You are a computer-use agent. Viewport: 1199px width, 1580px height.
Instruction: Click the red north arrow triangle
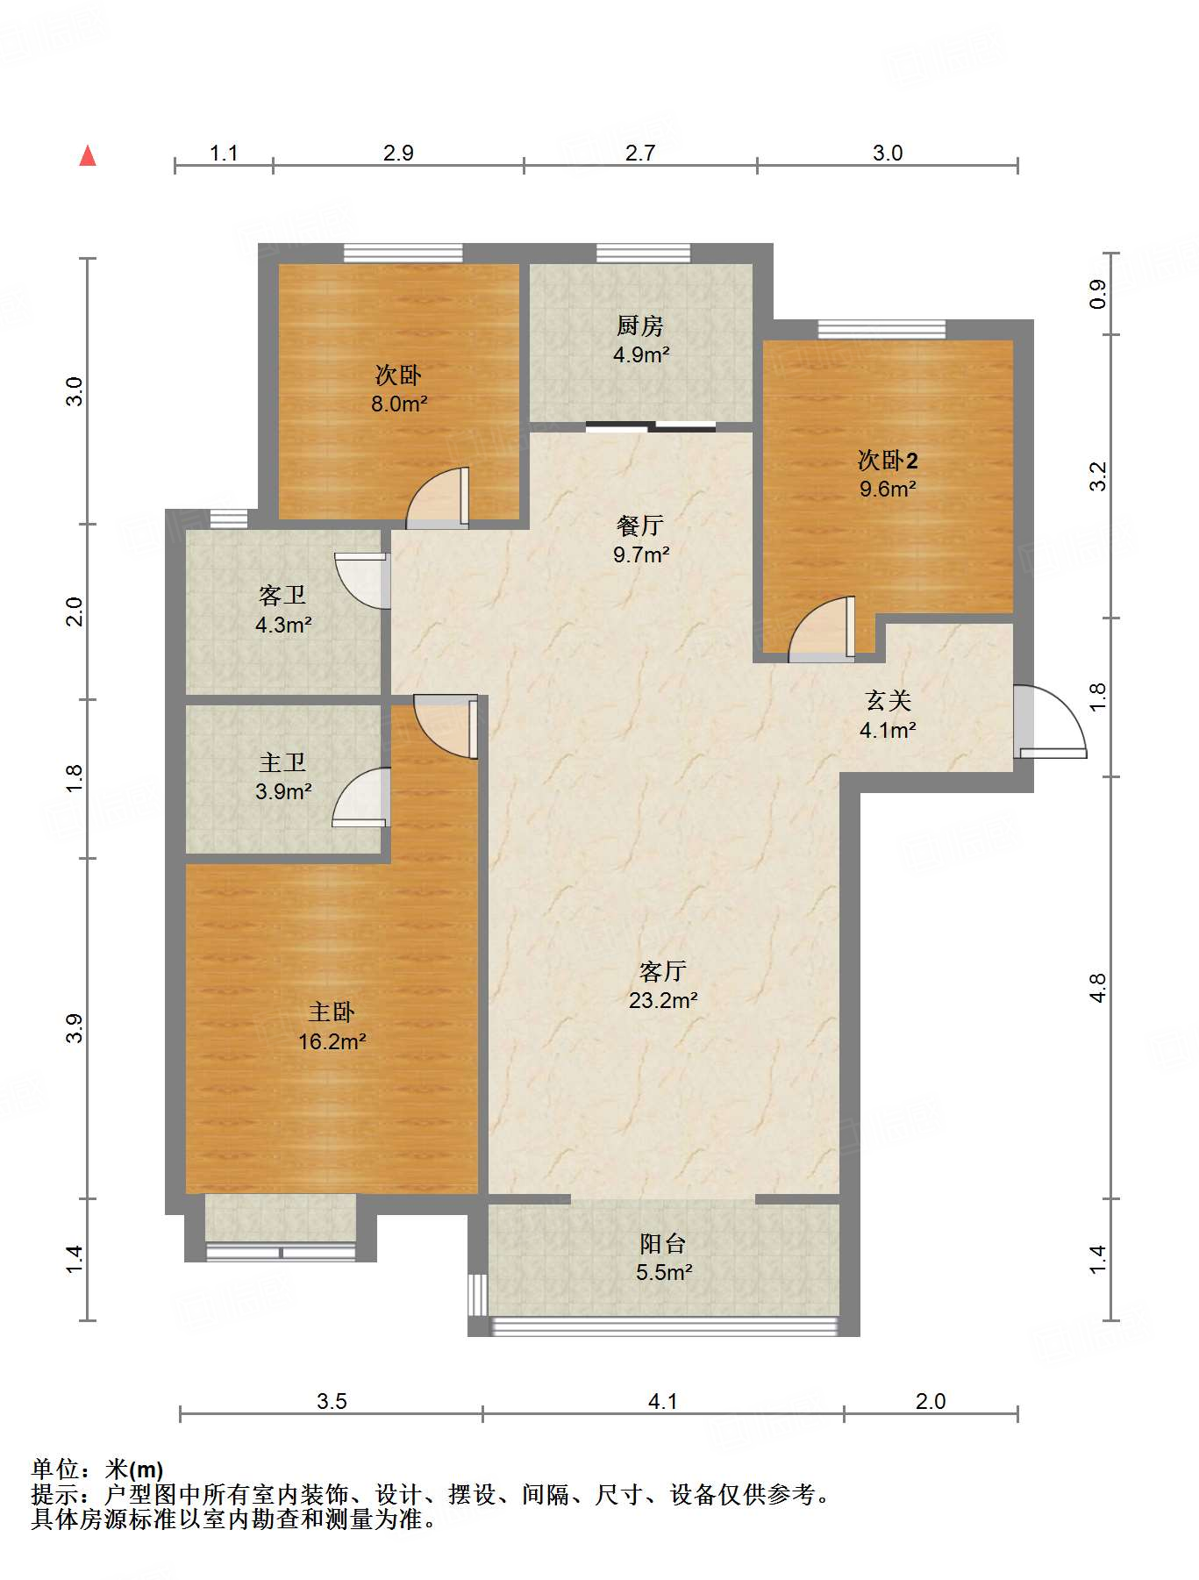click(88, 156)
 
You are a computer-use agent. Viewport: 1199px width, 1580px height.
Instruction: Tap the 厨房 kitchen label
click(640, 326)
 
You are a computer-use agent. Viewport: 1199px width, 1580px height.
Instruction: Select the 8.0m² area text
click(399, 404)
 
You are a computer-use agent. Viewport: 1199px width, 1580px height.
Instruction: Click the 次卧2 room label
click(888, 460)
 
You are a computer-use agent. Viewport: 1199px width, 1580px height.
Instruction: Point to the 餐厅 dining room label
click(640, 525)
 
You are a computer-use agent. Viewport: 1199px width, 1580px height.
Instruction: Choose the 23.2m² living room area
click(663, 1000)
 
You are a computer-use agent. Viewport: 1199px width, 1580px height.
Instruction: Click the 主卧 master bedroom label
click(332, 1012)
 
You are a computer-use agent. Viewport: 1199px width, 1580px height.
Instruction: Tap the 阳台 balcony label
click(663, 1243)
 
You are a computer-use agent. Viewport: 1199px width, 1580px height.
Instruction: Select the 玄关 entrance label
click(888, 700)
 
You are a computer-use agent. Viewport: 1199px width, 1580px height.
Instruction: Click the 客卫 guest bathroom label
click(282, 596)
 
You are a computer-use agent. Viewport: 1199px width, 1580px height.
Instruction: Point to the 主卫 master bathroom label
click(282, 762)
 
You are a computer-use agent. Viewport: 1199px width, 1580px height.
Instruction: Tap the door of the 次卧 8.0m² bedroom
click(438, 498)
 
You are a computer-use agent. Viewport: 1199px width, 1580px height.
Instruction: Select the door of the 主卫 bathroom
click(361, 797)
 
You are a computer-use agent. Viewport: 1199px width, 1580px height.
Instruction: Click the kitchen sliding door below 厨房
click(651, 427)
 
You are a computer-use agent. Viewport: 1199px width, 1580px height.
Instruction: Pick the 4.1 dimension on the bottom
click(663, 1401)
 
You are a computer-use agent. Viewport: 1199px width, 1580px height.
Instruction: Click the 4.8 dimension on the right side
click(1097, 988)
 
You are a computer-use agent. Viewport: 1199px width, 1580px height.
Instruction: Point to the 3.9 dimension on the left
click(75, 1027)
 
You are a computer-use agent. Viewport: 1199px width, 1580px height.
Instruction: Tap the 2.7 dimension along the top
click(640, 153)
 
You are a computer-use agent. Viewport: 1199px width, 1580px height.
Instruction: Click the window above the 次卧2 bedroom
click(882, 329)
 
